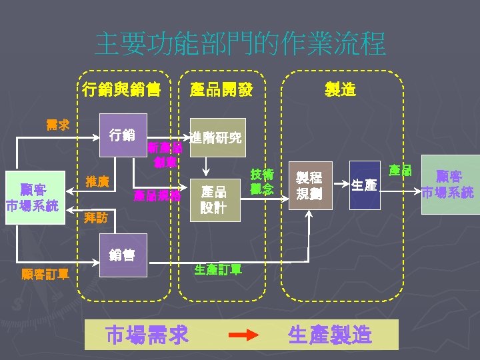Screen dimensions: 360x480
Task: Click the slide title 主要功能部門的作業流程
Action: tap(240, 44)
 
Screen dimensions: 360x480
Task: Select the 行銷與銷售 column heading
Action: tap(121, 89)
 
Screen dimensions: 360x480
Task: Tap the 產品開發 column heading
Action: tap(221, 89)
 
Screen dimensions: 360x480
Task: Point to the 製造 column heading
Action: tap(340, 89)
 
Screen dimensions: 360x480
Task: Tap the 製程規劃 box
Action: tap(309, 186)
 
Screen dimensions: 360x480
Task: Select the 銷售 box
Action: tap(122, 254)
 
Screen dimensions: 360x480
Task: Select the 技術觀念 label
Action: tap(262, 181)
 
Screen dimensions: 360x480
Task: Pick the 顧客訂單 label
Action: tap(45, 273)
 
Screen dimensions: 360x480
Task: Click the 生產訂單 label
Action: tap(218, 269)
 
